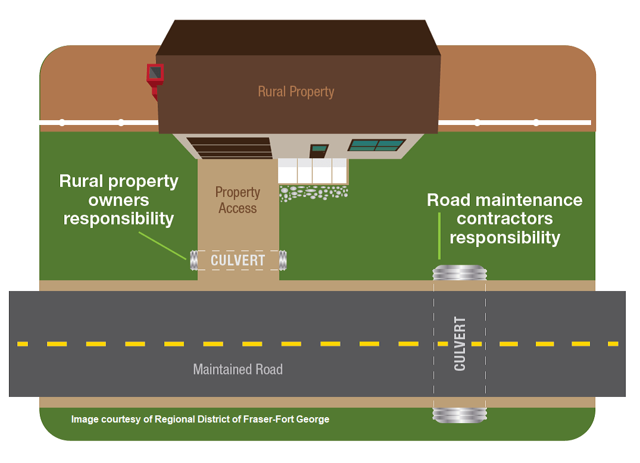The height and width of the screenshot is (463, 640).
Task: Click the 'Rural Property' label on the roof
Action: pos(296,92)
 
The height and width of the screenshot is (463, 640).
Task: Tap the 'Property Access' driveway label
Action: pos(237,200)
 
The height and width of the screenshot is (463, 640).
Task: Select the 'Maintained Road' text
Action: pos(237,370)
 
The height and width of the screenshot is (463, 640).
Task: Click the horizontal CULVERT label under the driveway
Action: pos(237,260)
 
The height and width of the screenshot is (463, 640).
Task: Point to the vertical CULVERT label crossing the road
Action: pos(460,344)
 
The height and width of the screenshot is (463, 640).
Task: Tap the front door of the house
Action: pos(318,151)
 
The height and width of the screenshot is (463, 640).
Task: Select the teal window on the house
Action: pos(377,145)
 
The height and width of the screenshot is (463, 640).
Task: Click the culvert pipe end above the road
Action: pos(460,273)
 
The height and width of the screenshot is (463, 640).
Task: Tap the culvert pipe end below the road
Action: pos(460,415)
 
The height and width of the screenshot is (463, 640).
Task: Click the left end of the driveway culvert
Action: pos(194,260)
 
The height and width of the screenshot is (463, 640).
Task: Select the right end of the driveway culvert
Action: pos(283,260)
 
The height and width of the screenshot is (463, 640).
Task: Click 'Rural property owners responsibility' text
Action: pos(119,199)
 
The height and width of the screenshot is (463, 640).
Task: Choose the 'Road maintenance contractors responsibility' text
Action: pos(505,218)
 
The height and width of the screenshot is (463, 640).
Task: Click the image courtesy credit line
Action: pos(200,420)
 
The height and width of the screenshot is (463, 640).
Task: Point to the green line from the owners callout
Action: pos(162,246)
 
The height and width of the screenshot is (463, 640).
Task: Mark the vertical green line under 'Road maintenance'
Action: pos(439,236)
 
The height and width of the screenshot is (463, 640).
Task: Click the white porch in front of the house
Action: pos(313,171)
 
